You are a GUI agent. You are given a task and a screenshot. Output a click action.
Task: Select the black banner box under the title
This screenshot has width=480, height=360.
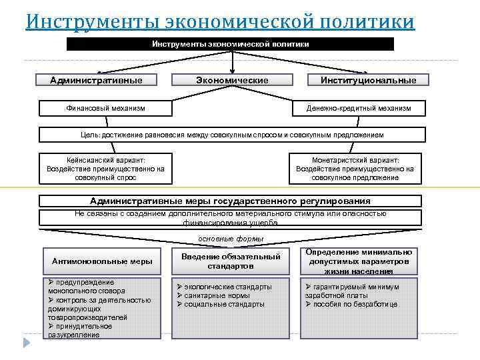pos(231,44)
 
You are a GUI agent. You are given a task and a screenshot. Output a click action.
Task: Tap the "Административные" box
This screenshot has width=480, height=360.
pos(96,80)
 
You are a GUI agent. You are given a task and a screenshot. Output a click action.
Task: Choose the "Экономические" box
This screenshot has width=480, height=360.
pos(232,80)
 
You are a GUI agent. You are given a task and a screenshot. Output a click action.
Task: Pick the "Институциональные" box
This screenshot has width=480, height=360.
pos(368,80)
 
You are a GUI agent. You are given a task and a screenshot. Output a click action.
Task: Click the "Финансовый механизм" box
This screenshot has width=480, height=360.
pos(106,107)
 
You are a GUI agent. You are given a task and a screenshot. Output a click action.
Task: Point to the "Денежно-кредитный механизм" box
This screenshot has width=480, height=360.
pos(358,107)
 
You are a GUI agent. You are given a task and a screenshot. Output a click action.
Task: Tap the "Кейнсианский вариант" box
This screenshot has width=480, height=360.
pos(106,169)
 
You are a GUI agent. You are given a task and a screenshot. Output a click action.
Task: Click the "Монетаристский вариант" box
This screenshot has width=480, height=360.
pos(355,169)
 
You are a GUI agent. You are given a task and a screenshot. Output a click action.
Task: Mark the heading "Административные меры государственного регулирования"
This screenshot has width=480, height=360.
pos(231,201)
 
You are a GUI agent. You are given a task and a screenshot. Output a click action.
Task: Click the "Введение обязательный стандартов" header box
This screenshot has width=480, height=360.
pos(231,261)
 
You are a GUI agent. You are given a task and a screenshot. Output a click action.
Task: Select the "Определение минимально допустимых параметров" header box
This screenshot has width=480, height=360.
pos(359,261)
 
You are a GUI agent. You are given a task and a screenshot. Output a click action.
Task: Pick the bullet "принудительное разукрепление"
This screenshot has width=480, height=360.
pos(80,331)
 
